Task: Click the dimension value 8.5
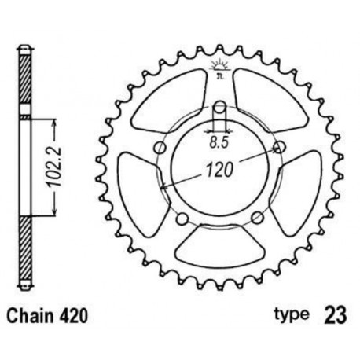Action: tap(221, 143)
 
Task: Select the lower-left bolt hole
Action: tap(182, 218)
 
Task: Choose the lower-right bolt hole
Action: tap(258, 218)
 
